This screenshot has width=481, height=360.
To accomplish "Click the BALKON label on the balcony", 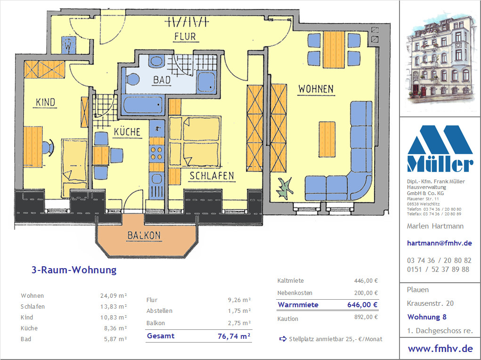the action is point(144,236).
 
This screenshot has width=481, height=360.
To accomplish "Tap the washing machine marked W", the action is point(68,45).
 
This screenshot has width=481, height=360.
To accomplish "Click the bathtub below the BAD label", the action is point(143,105).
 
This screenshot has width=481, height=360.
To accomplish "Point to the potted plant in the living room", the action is point(285,188).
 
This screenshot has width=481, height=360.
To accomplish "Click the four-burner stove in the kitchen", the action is point(157,154).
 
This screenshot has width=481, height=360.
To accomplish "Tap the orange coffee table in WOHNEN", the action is point(326,139).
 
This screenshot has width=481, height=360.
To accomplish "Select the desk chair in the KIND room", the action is point(47,147).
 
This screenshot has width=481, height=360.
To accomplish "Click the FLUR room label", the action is point(185,37).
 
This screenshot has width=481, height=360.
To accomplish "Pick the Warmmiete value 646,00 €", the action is point(362,305).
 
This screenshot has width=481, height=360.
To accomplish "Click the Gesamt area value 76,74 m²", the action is point(234,336).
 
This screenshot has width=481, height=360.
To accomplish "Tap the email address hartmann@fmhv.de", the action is point(439,243).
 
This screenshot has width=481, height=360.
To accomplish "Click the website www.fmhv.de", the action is point(440,349).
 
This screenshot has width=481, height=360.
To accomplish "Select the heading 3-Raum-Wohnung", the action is point(74,270).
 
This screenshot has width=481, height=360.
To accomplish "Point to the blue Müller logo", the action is point(440,148).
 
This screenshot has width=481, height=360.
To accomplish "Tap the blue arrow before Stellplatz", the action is point(283,339).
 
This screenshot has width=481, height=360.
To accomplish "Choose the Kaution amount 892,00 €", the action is point(366,317).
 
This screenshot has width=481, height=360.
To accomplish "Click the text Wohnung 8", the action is point(427,317).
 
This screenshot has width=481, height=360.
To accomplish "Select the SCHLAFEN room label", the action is point(212,176).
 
